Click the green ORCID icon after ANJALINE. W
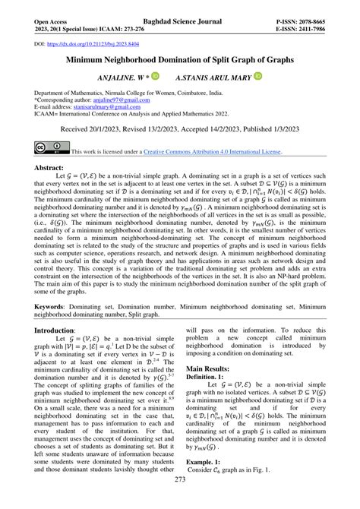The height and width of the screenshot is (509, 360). pyautogui.click(x=155, y=77)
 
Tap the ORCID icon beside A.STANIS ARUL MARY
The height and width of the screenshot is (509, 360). pyautogui.click(x=257, y=77)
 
